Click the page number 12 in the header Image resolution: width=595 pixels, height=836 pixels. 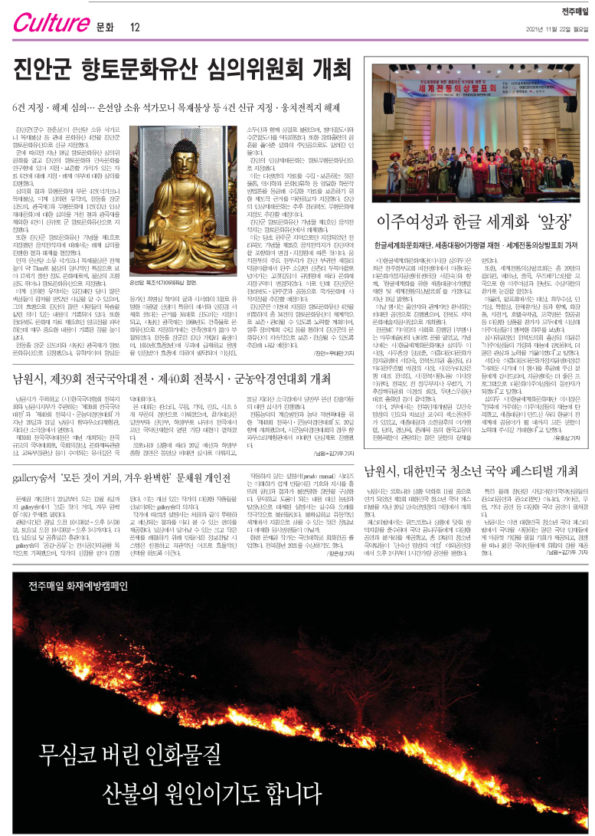click(135, 28)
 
